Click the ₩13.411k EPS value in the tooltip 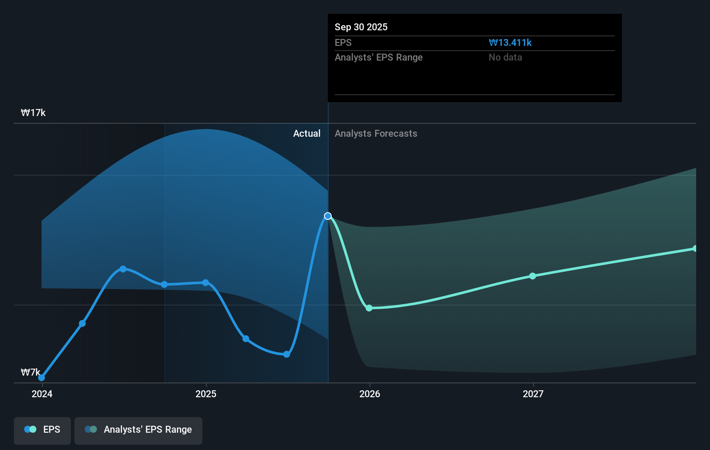510,42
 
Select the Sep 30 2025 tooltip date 361,27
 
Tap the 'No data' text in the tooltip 505,57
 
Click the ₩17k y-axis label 33,113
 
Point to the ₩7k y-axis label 30,372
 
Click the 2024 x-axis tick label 42,394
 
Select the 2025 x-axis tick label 206,394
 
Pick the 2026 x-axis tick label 370,394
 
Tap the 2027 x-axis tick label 533,394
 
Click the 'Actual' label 307,133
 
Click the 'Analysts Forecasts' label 376,133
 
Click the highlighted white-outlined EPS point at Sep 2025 328,216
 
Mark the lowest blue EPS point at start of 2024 42,378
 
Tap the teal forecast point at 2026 369,308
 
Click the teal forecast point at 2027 533,276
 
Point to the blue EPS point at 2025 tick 205,283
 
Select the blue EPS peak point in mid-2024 123,269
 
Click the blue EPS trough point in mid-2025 286,354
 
